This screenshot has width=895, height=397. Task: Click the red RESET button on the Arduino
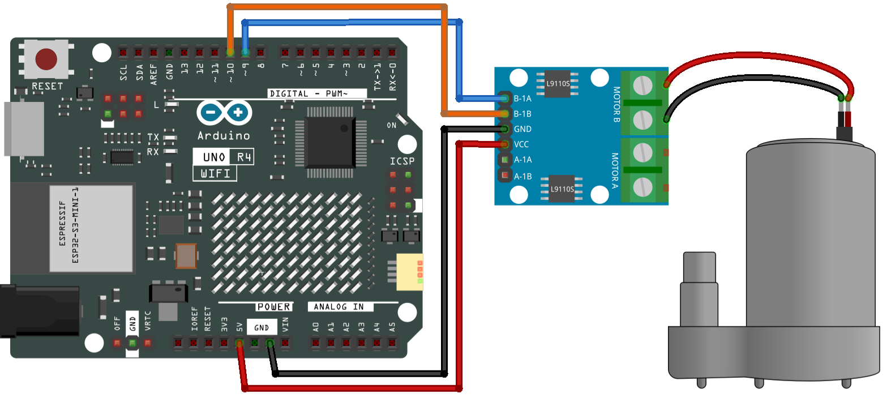pyautogui.click(x=46, y=59)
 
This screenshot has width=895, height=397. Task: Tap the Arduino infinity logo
pyautogui.click(x=225, y=112)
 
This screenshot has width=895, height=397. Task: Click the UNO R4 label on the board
pyautogui.click(x=223, y=157)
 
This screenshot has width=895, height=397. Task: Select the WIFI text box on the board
pyautogui.click(x=215, y=173)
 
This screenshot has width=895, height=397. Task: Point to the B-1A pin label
pyautogui.click(x=523, y=99)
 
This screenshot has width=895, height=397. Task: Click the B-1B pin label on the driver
pyautogui.click(x=523, y=114)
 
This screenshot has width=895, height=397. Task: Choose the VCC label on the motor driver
pyautogui.click(x=521, y=144)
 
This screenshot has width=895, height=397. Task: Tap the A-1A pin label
pyautogui.click(x=523, y=160)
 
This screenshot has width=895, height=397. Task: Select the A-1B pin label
pyautogui.click(x=523, y=176)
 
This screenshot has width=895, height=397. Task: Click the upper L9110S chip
pyautogui.click(x=558, y=84)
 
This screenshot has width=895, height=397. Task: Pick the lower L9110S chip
pyautogui.click(x=562, y=189)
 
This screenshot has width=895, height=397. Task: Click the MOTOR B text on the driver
pyautogui.click(x=616, y=104)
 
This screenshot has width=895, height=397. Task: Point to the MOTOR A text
pyautogui.click(x=615, y=170)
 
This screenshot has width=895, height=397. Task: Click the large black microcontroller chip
pyautogui.click(x=330, y=142)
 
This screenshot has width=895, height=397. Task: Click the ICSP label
pyautogui.click(x=402, y=161)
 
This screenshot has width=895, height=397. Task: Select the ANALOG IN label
pyautogui.click(x=339, y=306)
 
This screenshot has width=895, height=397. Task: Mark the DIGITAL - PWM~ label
pyautogui.click(x=309, y=93)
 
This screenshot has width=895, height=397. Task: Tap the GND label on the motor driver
pyautogui.click(x=523, y=129)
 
